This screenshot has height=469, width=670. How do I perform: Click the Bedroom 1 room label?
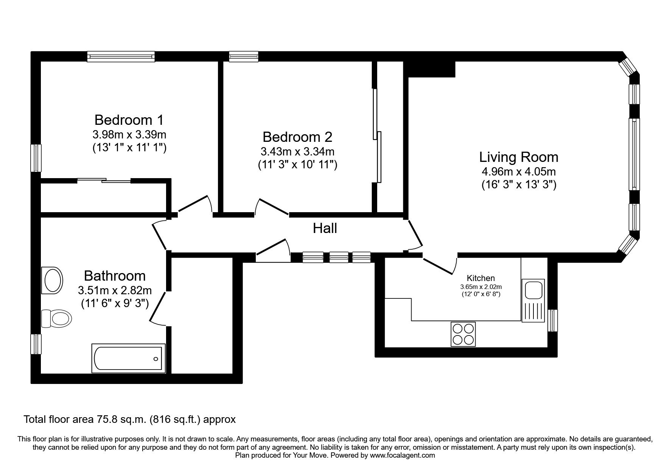click(x=129, y=120)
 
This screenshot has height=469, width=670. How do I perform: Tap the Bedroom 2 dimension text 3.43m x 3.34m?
click(x=297, y=152)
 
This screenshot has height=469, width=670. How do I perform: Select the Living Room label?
click(x=519, y=157)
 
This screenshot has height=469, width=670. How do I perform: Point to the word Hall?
click(x=325, y=228)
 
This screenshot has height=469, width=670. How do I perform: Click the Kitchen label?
click(x=480, y=278)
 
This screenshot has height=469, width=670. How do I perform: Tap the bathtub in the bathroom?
click(x=129, y=358)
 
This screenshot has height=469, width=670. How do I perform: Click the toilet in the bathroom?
click(x=56, y=318)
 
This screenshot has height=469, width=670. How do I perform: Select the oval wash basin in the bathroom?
click(x=53, y=281)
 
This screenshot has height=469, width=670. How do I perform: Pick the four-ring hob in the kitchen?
click(x=463, y=334)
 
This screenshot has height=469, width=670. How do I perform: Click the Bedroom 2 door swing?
click(x=271, y=207)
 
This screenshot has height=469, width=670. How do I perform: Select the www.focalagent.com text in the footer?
click(x=402, y=455)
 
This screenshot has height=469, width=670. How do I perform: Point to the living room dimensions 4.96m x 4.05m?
click(x=519, y=172)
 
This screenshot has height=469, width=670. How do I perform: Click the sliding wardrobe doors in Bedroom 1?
click(x=104, y=180)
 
